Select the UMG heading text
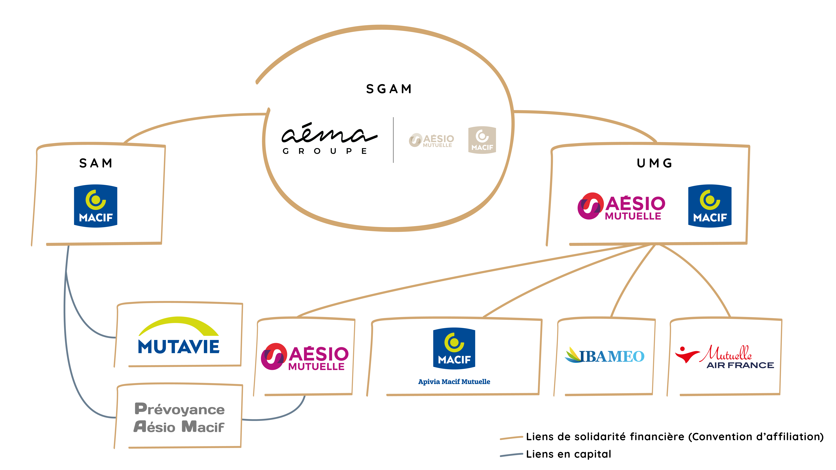654,163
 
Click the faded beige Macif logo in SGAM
482,140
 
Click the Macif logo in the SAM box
96,206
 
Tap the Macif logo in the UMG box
710,206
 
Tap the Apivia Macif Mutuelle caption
454,382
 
